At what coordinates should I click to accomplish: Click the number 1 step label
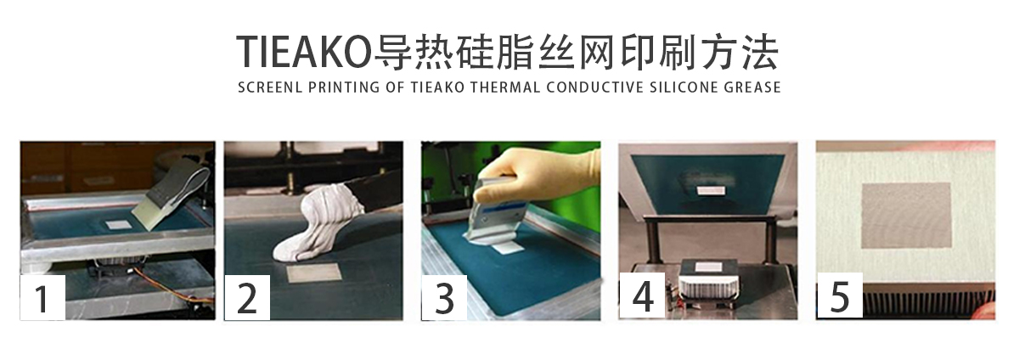coord(42,296)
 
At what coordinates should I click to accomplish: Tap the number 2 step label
coord(246,296)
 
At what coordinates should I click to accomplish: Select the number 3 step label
coord(445,296)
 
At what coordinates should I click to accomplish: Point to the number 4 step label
coord(643,296)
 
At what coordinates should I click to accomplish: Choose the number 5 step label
coord(840,296)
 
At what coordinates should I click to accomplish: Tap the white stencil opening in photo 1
coord(118,225)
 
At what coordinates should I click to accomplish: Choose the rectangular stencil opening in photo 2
coord(313,273)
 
